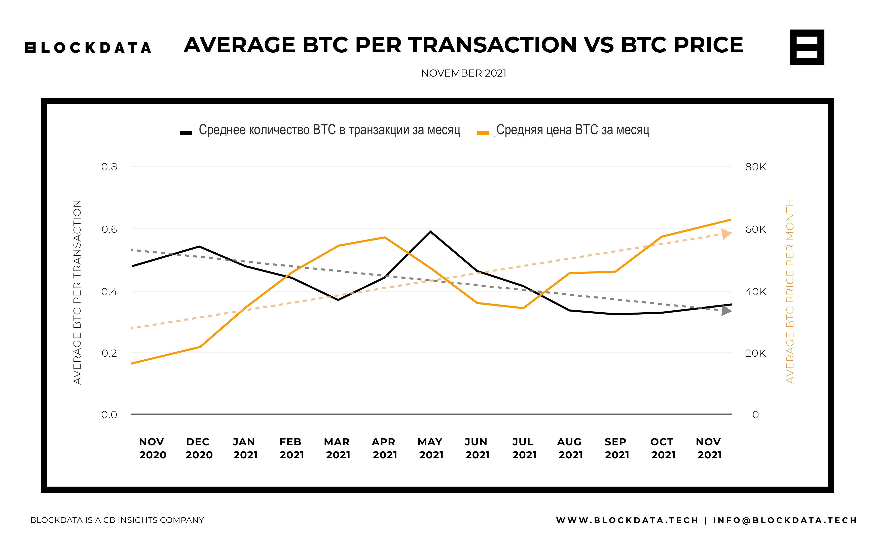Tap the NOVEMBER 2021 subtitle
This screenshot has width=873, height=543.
[x=463, y=73]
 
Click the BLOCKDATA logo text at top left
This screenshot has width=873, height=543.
[x=88, y=48]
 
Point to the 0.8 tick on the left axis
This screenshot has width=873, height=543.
[x=109, y=167]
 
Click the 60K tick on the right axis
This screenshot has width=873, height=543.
[x=755, y=229]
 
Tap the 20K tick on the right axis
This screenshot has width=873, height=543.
[x=755, y=353]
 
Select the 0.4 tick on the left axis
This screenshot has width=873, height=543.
[x=109, y=292]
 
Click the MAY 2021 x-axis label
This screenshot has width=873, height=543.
[x=431, y=448]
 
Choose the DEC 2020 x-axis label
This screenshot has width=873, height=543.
[x=199, y=448]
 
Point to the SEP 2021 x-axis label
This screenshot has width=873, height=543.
[x=617, y=448]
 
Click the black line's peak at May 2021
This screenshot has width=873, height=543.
[x=430, y=232]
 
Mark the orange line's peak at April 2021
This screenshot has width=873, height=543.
[x=384, y=237]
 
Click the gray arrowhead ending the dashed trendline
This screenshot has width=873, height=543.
[x=726, y=310]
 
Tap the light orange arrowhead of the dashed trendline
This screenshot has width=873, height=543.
[x=726, y=234]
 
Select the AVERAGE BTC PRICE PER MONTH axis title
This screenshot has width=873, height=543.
[x=790, y=291]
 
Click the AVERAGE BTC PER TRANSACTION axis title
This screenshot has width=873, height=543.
[x=77, y=292]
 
